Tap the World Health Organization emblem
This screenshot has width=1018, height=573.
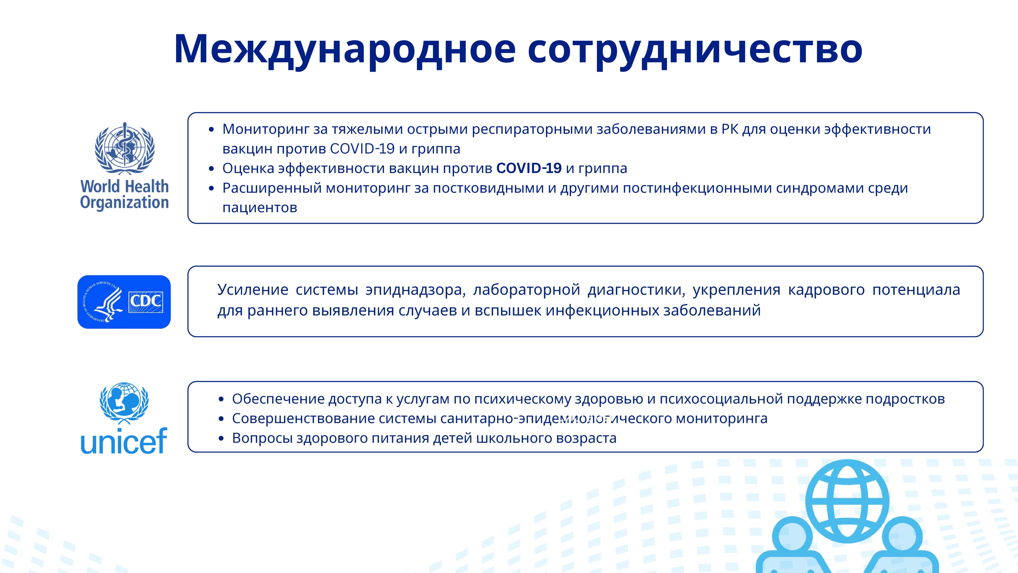coord(124,148)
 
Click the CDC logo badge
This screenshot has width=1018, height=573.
coord(124,302)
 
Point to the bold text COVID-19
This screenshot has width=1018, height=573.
coord(529,168)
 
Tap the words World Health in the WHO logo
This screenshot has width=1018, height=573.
coord(124,186)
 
